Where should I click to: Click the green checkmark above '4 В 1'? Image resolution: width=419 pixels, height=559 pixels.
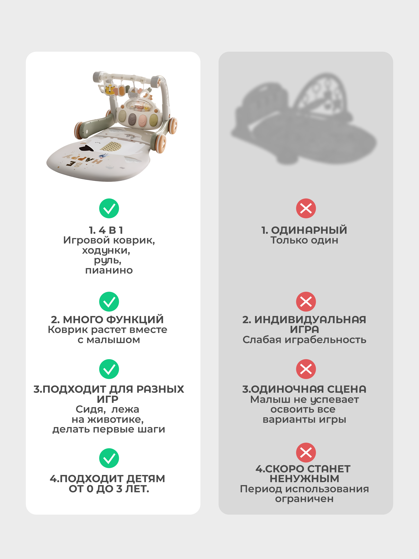point(109,208)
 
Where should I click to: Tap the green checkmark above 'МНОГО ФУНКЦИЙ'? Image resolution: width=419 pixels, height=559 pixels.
point(109,302)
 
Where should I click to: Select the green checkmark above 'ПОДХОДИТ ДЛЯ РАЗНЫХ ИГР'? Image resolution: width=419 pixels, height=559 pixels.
point(109,369)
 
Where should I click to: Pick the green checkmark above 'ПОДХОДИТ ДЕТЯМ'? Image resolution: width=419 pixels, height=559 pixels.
point(109,458)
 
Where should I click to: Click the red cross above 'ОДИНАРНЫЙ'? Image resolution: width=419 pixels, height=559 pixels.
point(306,208)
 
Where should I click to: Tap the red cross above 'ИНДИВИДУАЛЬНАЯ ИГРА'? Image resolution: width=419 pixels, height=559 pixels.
point(306,302)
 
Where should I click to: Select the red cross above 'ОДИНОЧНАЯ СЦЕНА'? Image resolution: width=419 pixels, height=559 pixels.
point(306,369)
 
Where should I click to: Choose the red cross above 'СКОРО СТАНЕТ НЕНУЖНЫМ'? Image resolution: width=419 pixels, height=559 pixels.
point(306,452)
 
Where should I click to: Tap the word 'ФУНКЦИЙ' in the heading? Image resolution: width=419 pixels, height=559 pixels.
point(135,320)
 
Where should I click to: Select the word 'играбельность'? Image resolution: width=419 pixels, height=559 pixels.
point(326,340)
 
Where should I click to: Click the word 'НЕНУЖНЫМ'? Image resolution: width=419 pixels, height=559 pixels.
point(304,479)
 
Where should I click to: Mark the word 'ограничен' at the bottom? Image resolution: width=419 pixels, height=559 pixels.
point(304,499)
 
